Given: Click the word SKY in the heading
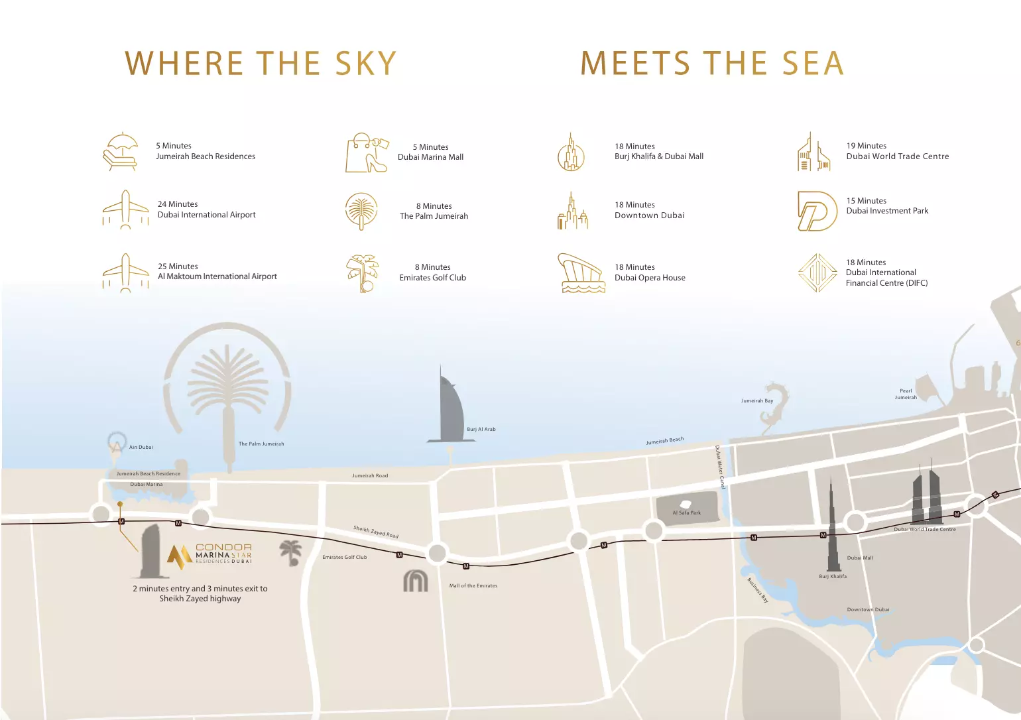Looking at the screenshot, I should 365,64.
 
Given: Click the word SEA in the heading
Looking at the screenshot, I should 812,64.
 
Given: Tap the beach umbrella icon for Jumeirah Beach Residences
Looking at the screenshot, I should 121,152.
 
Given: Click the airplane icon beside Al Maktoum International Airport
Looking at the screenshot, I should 125,272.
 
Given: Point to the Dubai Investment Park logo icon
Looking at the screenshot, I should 817,211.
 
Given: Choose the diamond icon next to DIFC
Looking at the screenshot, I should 818,272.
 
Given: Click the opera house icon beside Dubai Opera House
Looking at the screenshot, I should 581,272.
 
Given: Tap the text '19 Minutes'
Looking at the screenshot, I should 866,146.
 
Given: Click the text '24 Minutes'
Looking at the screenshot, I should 178,204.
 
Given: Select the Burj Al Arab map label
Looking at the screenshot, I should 481,430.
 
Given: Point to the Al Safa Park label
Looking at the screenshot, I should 686,512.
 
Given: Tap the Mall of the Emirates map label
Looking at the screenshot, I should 473,586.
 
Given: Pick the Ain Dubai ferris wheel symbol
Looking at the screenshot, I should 117,444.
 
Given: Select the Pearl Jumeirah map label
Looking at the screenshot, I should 906,394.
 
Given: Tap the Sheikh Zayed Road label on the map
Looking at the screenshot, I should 376,532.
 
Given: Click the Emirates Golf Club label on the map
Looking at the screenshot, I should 344,558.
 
